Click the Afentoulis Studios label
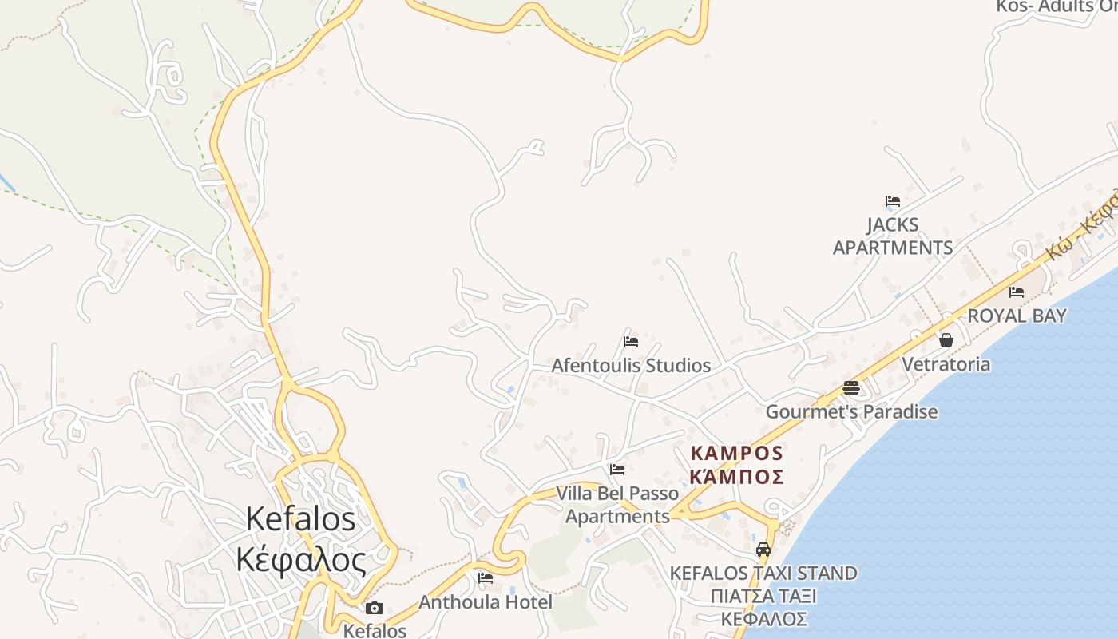[x=631, y=366]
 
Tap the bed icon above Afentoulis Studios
[x=631, y=342]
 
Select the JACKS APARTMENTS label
[x=893, y=236]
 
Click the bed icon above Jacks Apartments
[x=893, y=201]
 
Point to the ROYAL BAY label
[x=1017, y=316]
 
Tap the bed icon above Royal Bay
[x=1017, y=292]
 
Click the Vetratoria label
[x=946, y=364]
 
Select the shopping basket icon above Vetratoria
[x=946, y=341]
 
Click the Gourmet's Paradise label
[x=851, y=412]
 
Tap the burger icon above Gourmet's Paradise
[x=851, y=388]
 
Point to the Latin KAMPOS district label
[x=736, y=454]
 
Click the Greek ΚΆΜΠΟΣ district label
[x=736, y=477]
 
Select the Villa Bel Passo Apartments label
[x=617, y=505]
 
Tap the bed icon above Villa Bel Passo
[x=617, y=470]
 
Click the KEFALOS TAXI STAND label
[x=763, y=574]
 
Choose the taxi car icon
[x=763, y=550]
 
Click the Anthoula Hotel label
[x=486, y=602]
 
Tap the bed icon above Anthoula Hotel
[x=486, y=578]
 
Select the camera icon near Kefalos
[x=375, y=609]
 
